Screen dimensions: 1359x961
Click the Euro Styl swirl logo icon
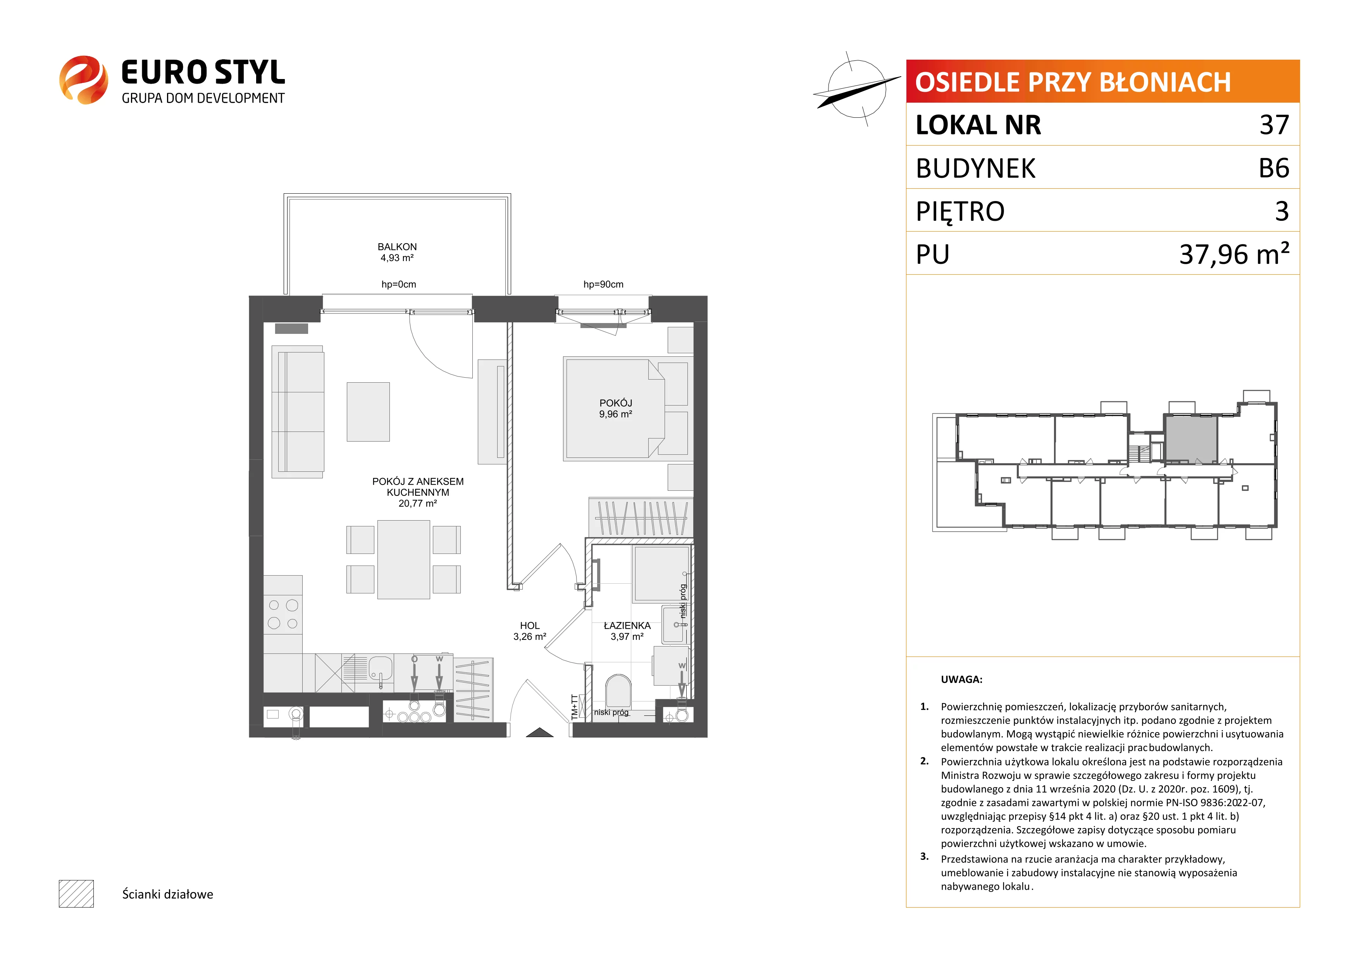tap(83, 80)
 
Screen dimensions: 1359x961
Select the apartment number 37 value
tap(1274, 125)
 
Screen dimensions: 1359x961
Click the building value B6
tap(1274, 168)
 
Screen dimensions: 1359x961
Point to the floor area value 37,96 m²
tap(1234, 253)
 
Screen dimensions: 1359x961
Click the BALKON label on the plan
tap(397, 247)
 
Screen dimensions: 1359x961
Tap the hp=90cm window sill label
tap(603, 285)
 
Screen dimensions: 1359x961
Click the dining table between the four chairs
tap(404, 559)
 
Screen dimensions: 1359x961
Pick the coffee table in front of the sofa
tap(368, 412)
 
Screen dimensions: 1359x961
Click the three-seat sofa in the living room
tap(298, 412)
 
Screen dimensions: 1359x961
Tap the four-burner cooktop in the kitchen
tap(283, 614)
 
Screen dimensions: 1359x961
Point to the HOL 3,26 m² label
tap(530, 631)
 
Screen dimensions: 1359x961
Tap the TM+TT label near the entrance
tap(575, 707)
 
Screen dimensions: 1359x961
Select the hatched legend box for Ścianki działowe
tap(76, 894)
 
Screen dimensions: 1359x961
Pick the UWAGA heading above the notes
tap(962, 679)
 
